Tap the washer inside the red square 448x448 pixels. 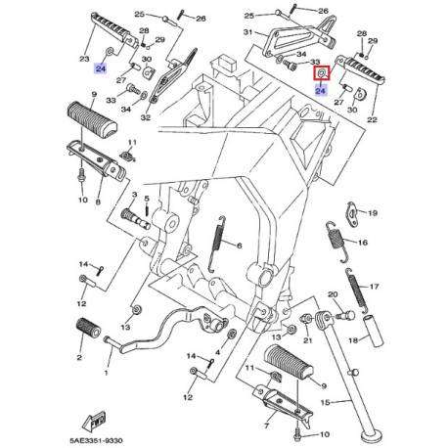coord(320,72)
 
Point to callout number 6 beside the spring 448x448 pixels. coord(235,247)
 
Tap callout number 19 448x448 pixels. coord(371,210)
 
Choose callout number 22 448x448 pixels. coord(371,119)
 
